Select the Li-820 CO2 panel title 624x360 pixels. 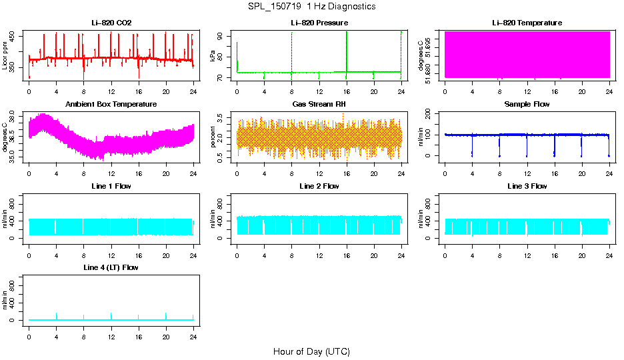(x=111, y=23)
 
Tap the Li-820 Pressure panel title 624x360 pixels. (x=319, y=23)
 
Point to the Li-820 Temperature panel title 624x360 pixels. (x=527, y=23)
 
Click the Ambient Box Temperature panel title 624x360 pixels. (x=111, y=105)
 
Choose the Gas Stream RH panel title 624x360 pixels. (x=319, y=105)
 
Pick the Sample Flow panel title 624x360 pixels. (x=527, y=105)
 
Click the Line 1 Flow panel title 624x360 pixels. (x=111, y=186)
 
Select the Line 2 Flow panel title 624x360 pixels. (x=319, y=186)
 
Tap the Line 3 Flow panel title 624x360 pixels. (x=527, y=186)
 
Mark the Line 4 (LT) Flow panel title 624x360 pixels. (x=111, y=267)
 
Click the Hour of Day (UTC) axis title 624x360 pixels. (x=311, y=351)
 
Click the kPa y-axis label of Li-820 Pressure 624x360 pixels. (x=213, y=57)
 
